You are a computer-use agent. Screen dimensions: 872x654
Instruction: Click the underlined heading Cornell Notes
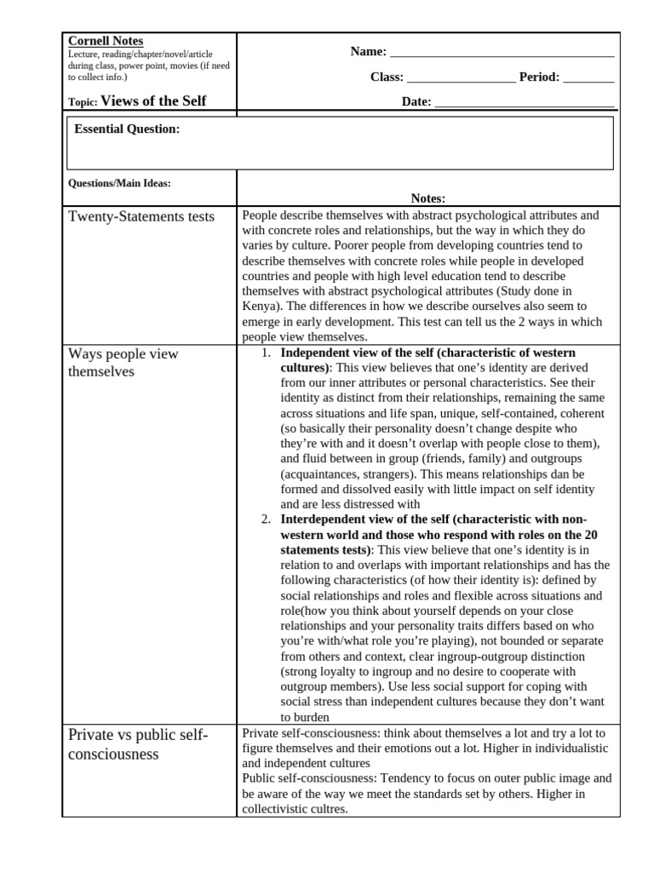[106, 41]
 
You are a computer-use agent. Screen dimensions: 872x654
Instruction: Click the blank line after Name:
[502, 53]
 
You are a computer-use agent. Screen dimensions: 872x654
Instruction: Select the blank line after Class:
[461, 77]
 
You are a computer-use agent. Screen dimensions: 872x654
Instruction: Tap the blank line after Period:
[588, 77]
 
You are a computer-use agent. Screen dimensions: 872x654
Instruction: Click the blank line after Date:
[524, 103]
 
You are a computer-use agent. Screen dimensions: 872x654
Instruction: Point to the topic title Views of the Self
[153, 101]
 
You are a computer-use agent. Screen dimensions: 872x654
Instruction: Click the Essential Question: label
[127, 129]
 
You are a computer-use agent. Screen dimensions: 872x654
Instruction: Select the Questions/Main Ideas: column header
[119, 182]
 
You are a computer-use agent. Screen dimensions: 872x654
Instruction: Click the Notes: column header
[428, 198]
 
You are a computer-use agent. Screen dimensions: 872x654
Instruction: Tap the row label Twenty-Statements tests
[141, 217]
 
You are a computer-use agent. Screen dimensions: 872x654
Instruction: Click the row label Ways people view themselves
[123, 363]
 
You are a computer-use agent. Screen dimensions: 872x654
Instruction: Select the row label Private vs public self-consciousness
[138, 744]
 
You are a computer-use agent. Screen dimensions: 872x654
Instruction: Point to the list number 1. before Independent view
[266, 353]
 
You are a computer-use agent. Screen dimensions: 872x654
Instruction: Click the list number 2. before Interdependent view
[266, 519]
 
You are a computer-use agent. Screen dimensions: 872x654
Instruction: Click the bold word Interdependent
[323, 519]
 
